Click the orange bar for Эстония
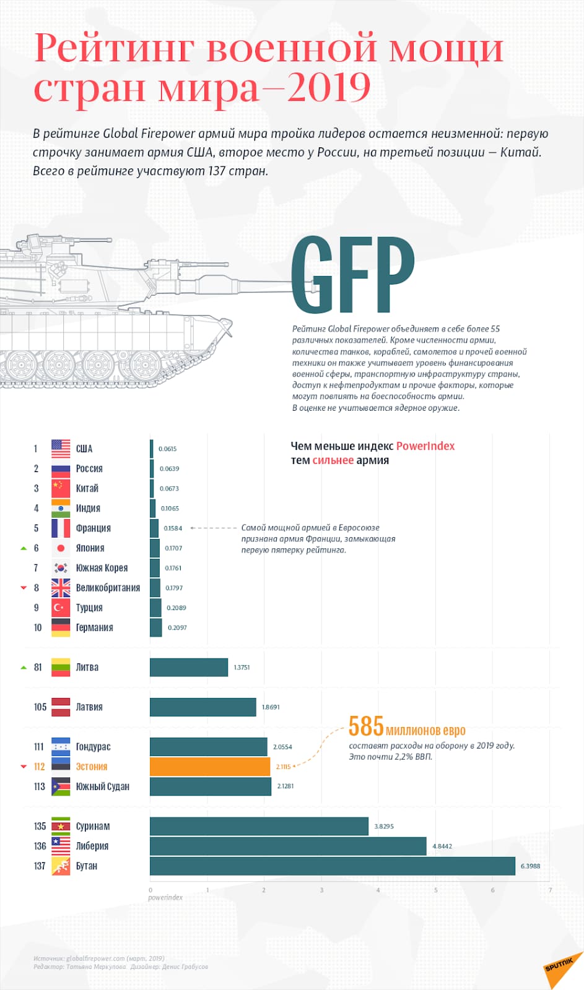coord(210,767)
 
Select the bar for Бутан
coord(333,866)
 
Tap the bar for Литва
coord(189,667)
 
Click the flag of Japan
coord(61,548)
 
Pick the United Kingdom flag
coord(61,588)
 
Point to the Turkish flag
coord(61,608)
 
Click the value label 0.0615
coord(167,449)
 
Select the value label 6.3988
coord(530,866)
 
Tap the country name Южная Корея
coord(102,568)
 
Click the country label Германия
coord(94,627)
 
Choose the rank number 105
coord(40,707)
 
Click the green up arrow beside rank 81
coord(24,668)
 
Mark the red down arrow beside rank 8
coord(24,588)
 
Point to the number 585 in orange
coord(366,726)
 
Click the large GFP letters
coord(352,275)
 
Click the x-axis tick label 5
coord(436,890)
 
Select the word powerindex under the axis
coord(165,898)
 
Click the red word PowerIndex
coord(425,446)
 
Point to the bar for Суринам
coord(259,827)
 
